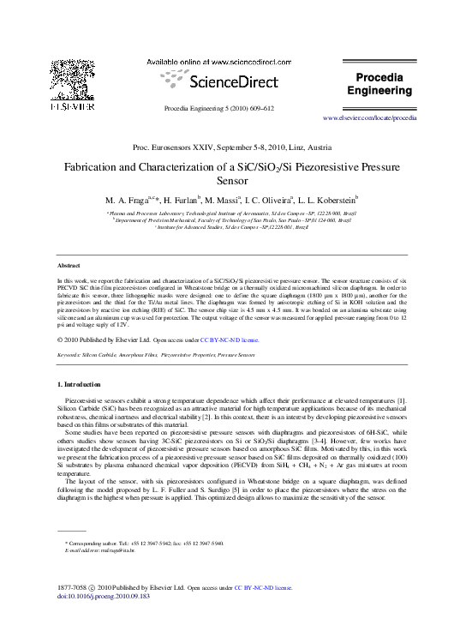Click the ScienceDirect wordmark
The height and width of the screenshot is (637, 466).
(x=225, y=83)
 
